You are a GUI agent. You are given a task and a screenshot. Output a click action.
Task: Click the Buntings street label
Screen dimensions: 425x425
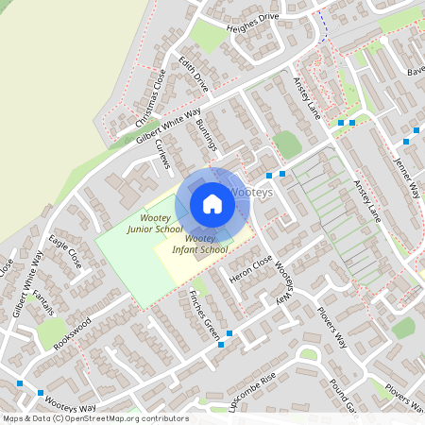206,136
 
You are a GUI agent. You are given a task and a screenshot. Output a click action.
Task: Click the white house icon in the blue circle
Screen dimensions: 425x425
212,204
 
